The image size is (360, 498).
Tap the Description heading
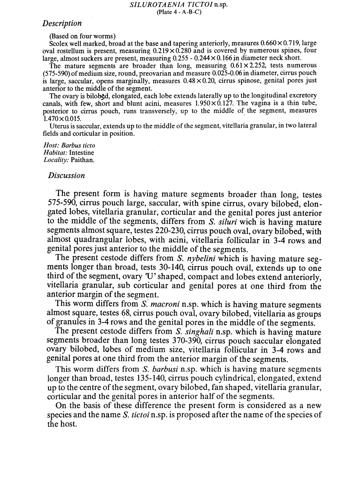[x=62, y=23]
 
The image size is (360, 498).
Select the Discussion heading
[x=66, y=175]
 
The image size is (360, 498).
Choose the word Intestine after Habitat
[x=82, y=153]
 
